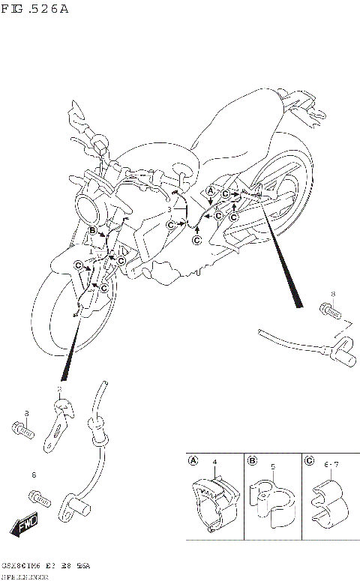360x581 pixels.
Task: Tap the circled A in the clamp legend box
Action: pyautogui.click(x=193, y=461)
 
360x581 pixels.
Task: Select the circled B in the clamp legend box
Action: pyautogui.click(x=253, y=461)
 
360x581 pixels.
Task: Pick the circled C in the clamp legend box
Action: pyautogui.click(x=309, y=461)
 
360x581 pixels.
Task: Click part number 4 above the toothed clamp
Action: pyautogui.click(x=214, y=465)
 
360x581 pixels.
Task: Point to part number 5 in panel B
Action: pyautogui.click(x=273, y=466)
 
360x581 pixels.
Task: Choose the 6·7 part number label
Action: pyautogui.click(x=331, y=466)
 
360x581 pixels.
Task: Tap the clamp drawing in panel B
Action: pyautogui.click(x=271, y=499)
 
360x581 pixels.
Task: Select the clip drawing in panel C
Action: pyautogui.click(x=328, y=501)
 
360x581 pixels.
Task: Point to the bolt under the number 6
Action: pyautogui.click(x=40, y=496)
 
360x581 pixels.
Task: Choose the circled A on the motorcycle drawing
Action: pyautogui.click(x=211, y=192)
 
